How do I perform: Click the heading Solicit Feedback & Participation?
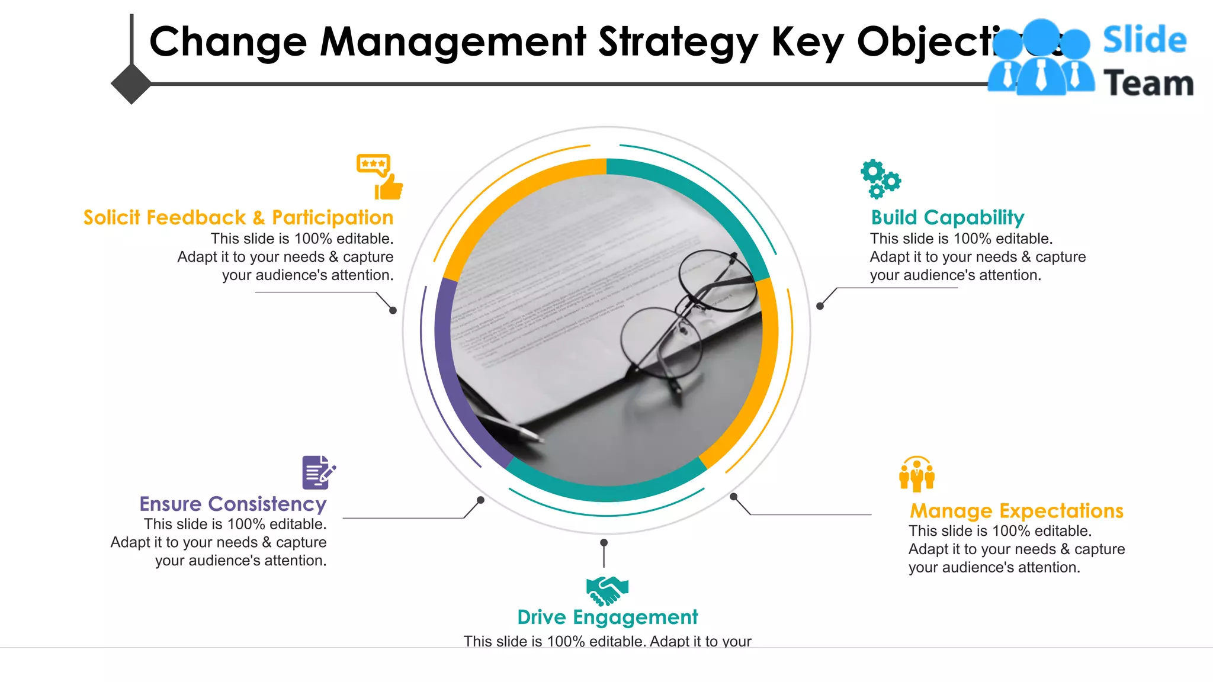click(238, 218)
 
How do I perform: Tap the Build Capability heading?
click(947, 218)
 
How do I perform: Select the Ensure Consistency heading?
click(233, 504)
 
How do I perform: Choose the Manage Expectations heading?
click(1016, 511)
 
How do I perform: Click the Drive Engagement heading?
click(607, 617)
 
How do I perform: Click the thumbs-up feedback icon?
click(380, 176)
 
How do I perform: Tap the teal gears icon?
click(880, 178)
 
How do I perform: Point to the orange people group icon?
click(916, 474)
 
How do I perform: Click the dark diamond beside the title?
click(131, 84)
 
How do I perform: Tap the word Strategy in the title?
click(678, 43)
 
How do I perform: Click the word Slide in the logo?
click(1144, 40)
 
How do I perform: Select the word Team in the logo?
click(1148, 83)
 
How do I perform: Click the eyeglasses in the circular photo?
click(687, 314)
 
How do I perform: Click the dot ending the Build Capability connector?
click(820, 306)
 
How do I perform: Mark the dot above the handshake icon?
click(604, 542)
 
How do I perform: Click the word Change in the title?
click(228, 43)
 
